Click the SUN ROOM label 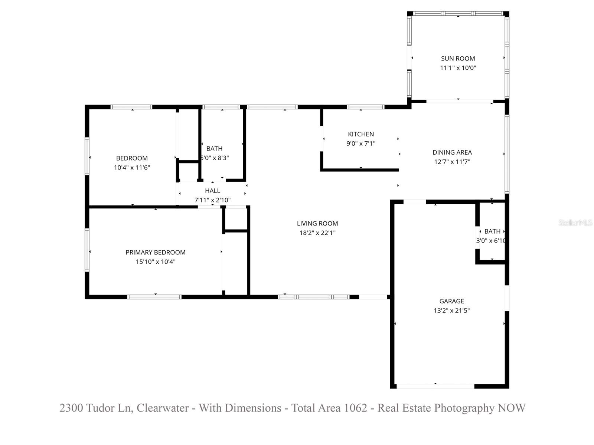point(458,59)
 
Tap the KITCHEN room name point(360,134)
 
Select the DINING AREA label point(452,152)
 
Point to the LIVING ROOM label point(317,224)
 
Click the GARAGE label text point(451,301)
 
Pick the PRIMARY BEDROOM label point(155,253)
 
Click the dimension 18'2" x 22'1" point(317,233)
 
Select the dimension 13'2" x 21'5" point(451,311)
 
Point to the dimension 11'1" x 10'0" point(458,68)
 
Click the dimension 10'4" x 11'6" point(132,168)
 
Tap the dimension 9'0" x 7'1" point(360,144)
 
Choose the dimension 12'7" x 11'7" point(452,162)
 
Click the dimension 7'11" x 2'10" point(212,200)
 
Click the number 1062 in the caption point(355,408)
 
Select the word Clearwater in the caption point(162,408)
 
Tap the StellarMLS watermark point(575,223)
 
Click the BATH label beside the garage point(492,231)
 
